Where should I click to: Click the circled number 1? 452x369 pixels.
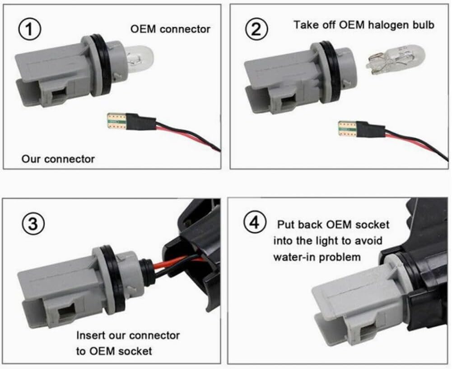pos(30,29)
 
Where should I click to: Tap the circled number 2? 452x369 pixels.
pos(256,29)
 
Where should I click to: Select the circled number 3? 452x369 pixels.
pos(33,224)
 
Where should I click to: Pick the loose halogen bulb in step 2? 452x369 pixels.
pos(396,60)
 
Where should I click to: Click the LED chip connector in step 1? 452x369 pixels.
pos(117,121)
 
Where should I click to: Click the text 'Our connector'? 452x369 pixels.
pos(58,159)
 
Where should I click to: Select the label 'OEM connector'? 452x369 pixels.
pos(170,29)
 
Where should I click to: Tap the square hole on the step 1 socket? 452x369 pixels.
pos(59,95)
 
